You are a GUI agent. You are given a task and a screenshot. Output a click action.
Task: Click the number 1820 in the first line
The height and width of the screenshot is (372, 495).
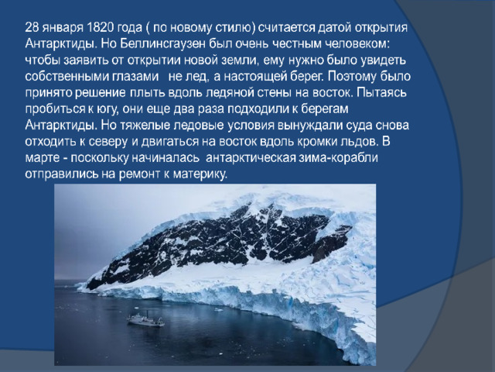(100, 28)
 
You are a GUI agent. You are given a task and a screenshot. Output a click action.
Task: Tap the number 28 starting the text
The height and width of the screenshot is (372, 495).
(31, 28)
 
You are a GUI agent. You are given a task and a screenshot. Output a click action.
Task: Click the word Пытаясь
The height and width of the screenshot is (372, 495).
(382, 93)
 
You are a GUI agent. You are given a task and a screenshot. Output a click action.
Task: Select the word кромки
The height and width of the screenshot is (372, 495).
(318, 142)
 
